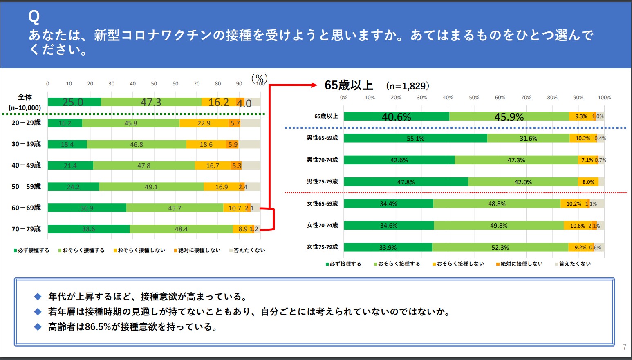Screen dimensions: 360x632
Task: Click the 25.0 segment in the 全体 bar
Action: (x=74, y=102)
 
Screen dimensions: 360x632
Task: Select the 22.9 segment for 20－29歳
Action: (x=204, y=123)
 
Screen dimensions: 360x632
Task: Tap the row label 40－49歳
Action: (x=26, y=165)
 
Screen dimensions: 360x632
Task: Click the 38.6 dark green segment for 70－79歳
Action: (x=88, y=229)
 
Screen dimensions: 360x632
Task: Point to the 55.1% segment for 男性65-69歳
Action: (x=415, y=138)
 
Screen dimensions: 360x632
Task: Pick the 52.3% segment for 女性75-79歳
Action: (x=500, y=247)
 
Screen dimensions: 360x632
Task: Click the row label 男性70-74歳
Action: (x=322, y=160)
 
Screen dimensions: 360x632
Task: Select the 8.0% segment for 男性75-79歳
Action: (x=588, y=182)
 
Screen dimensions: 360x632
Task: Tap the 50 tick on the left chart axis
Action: (x=154, y=84)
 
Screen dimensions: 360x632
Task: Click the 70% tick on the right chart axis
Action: (x=526, y=98)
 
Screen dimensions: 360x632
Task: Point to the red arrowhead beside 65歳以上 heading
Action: (x=314, y=85)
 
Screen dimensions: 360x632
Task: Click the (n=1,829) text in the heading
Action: (x=408, y=86)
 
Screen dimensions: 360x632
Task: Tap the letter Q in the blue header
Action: (x=34, y=17)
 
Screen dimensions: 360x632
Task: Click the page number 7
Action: (x=624, y=347)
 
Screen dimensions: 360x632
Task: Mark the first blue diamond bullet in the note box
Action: (x=38, y=297)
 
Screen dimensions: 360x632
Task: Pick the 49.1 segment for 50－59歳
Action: (x=151, y=187)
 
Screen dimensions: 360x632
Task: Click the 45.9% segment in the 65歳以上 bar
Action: (x=509, y=117)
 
